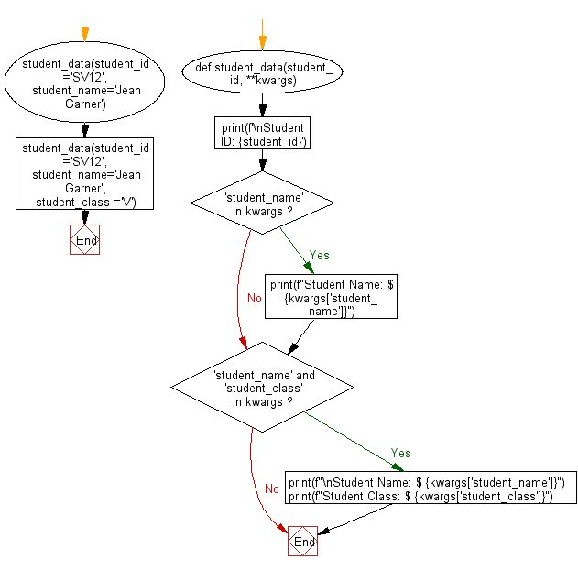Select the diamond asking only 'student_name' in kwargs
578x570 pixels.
[262, 206]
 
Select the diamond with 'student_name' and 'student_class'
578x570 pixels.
[263, 388]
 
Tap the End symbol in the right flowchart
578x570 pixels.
[302, 542]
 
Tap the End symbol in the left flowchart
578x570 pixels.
[84, 240]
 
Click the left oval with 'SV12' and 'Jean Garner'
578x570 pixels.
[84, 84]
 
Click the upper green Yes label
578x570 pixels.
[319, 256]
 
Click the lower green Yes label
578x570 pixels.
[401, 453]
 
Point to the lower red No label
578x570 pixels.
[272, 488]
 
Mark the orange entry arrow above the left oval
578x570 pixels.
[84, 35]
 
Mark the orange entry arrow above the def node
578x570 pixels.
[262, 40]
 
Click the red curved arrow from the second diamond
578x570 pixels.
[255, 486]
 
